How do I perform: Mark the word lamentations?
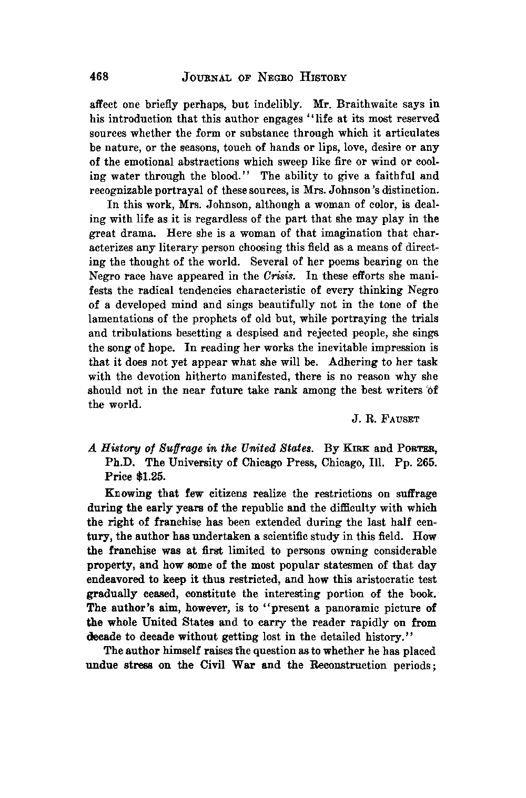(119, 319)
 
